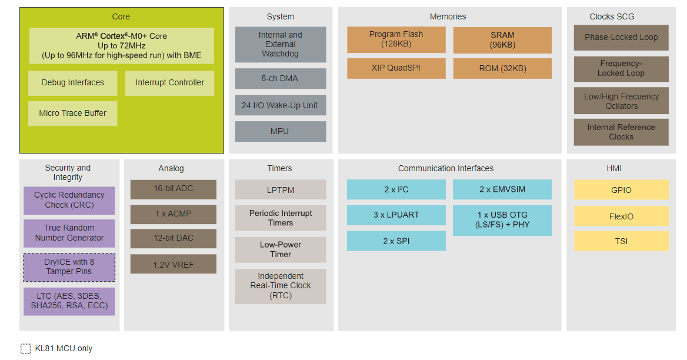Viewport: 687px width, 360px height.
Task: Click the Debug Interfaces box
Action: pos(73,83)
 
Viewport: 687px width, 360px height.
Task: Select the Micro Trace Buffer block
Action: pos(73,114)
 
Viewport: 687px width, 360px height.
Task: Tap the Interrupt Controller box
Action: pos(169,83)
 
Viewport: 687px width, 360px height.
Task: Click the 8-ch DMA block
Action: pos(281,78)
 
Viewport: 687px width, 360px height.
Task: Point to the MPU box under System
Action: pos(281,131)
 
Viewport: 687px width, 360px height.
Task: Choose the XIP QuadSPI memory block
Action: pos(396,68)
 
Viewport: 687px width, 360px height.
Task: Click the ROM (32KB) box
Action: pos(502,68)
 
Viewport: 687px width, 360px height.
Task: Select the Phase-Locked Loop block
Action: pos(621,38)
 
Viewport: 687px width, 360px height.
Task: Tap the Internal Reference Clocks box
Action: pos(621,132)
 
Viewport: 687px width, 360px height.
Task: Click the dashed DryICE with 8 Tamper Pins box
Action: pos(69,267)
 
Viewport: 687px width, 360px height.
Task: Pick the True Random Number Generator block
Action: pos(69,233)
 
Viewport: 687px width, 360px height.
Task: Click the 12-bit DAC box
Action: pos(173,238)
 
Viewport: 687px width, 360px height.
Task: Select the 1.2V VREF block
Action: pos(173,264)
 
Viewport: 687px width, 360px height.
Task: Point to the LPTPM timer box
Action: pos(281,189)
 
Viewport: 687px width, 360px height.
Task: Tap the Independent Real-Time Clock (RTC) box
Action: pos(281,286)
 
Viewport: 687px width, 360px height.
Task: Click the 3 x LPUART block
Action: pos(396,215)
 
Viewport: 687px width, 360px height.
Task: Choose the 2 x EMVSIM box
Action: pos(502,189)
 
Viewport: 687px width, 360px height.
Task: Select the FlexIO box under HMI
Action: pos(621,216)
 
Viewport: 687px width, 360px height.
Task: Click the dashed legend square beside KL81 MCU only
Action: pos(25,349)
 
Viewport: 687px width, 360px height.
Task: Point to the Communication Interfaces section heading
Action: pos(446,169)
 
